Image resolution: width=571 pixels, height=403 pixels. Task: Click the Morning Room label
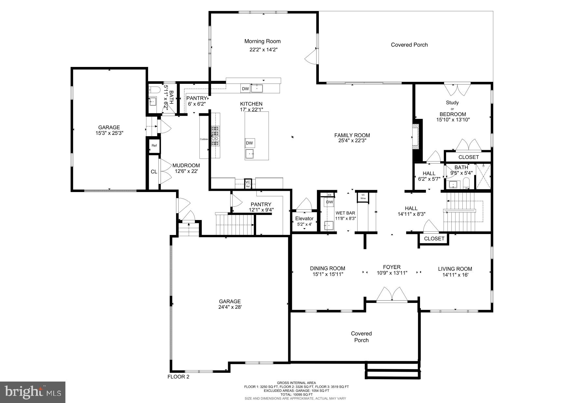pos(262,41)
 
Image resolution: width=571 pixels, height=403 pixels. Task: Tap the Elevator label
pos(304,218)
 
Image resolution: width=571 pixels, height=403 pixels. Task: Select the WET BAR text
pos(345,213)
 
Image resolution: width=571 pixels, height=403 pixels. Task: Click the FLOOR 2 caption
pos(178,377)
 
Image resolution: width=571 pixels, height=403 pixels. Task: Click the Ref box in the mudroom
pos(154,146)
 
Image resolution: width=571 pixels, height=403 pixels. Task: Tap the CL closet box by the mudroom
pos(154,172)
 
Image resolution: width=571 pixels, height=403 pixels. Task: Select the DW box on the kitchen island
pos(249,143)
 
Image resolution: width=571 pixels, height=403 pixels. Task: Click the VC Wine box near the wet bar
pos(363,197)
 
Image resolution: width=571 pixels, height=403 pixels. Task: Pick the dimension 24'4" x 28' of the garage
pos(230,307)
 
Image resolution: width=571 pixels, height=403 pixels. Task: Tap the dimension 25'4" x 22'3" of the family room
pos(352,141)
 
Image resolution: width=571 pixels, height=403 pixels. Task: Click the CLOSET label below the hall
pos(434,239)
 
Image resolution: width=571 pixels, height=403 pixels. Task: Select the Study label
pos(452,103)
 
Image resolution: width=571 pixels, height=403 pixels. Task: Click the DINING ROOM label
pos(327,268)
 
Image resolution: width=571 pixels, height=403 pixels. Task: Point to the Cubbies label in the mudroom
pos(204,139)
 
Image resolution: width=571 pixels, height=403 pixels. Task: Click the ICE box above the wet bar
pos(329,195)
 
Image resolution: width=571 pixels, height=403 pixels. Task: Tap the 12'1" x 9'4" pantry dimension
pos(261,210)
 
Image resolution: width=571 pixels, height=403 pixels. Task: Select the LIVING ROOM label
pos(455,269)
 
